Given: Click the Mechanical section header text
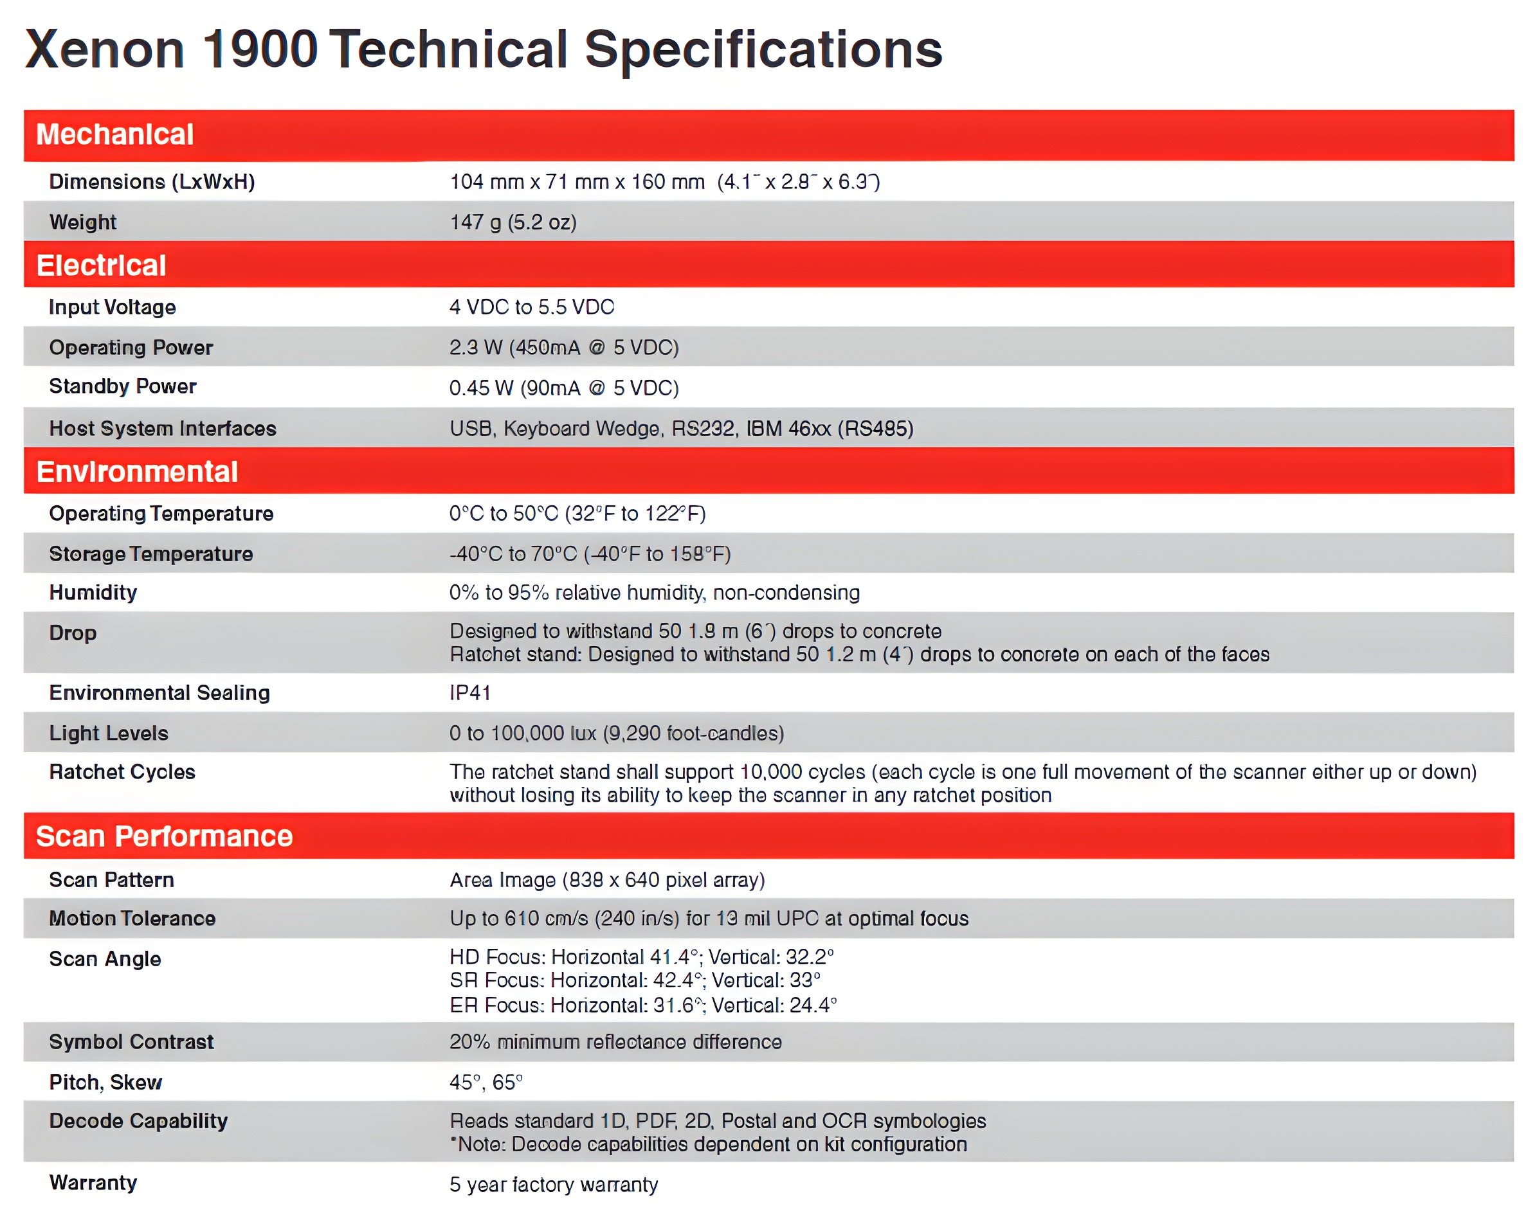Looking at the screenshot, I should coord(114,134).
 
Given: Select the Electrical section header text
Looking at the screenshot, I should coord(101,265).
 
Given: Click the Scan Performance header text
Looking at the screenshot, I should coord(163,836).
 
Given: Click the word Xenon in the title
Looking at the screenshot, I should coord(105,50).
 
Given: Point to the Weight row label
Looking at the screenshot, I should coord(83,222).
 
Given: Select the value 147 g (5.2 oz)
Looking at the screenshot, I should coord(513,222).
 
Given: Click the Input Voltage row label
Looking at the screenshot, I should coord(112,307).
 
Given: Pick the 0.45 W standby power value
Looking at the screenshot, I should coord(563,388).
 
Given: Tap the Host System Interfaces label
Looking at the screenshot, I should coord(162,429).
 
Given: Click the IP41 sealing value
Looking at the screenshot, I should coord(470,693).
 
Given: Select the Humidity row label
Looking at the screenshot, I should coord(93,592).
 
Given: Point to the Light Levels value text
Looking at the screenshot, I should coord(616,733).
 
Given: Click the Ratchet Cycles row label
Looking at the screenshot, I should coord(122,772).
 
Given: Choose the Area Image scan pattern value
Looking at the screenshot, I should coord(606,880).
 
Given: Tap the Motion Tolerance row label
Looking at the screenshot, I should coord(132,919).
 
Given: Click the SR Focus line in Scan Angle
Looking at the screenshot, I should coord(634,981).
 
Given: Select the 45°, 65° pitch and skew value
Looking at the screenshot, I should coord(486,1083).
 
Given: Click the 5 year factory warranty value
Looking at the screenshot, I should coord(554,1185).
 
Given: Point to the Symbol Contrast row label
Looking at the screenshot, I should coord(131,1042).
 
